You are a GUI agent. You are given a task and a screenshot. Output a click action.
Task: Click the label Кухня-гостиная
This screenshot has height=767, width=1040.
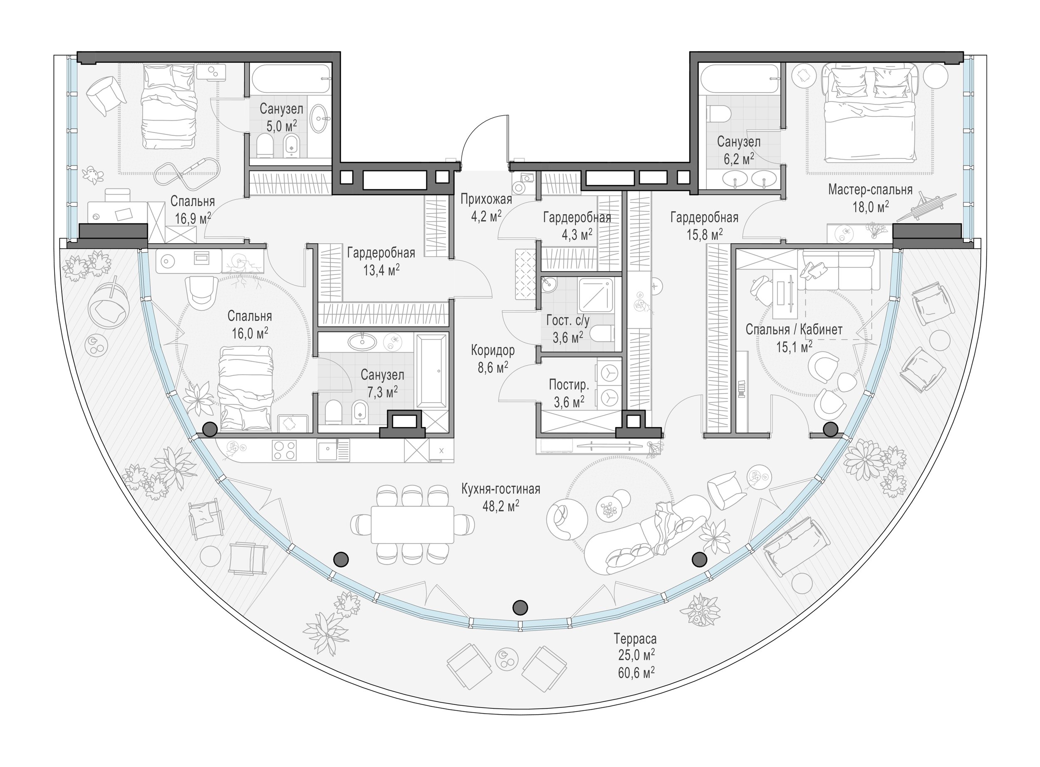[500, 489]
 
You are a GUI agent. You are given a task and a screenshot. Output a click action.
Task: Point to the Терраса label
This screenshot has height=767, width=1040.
[635, 639]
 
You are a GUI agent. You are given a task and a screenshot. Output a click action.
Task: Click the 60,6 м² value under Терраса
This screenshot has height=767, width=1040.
[636, 672]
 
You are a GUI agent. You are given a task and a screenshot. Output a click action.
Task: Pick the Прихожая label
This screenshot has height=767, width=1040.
[486, 200]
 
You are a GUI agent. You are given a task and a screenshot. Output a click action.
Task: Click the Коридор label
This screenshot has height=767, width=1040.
[493, 350]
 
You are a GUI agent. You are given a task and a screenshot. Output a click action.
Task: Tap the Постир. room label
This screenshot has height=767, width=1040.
[569, 384]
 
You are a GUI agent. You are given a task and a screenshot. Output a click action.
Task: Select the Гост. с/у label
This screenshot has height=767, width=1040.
[568, 320]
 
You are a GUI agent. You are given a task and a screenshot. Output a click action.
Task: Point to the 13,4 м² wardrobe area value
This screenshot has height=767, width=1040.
[381, 270]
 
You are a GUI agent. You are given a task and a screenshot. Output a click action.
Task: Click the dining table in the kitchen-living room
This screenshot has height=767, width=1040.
[412, 525]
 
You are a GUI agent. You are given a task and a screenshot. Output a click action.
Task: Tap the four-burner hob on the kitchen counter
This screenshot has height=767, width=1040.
[285, 450]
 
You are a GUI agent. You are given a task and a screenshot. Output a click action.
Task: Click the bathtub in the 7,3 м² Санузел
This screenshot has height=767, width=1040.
[432, 371]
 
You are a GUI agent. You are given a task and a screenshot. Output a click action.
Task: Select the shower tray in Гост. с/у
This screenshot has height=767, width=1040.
[596, 296]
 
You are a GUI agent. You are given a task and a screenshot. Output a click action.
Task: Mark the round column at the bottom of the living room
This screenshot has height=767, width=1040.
[520, 607]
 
